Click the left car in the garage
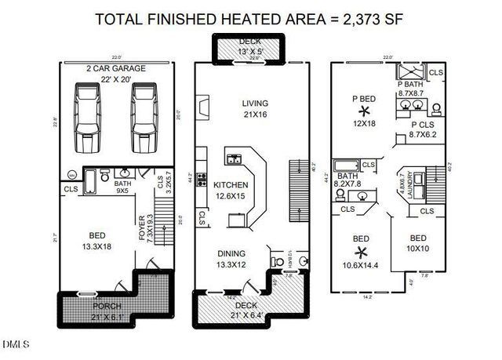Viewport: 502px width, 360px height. [88, 118]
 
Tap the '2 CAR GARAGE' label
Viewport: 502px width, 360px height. [115, 69]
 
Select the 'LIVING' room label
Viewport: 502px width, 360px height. [255, 103]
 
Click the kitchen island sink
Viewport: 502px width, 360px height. [234, 160]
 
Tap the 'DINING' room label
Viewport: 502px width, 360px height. [233, 253]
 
